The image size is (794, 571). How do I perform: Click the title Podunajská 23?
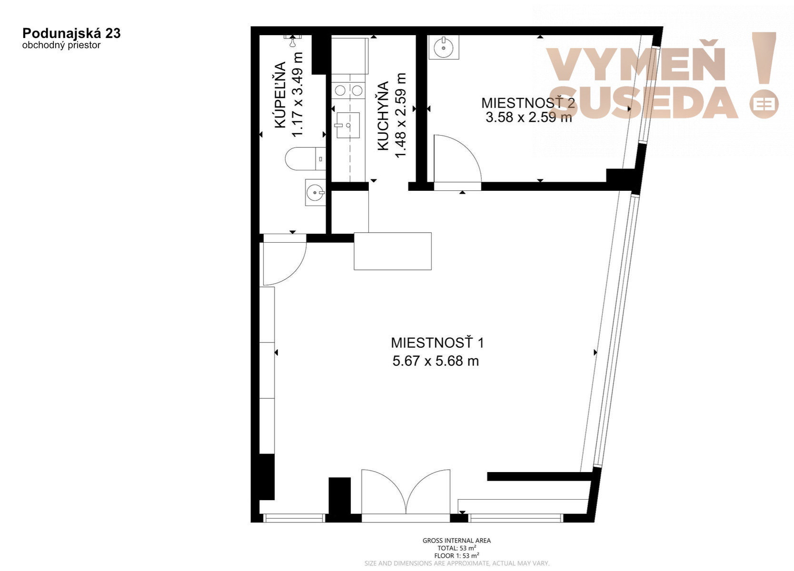tap(71, 33)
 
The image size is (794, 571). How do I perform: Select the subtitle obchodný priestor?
tap(61, 45)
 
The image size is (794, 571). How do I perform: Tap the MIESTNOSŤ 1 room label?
tap(437, 343)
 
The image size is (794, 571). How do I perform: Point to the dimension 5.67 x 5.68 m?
tap(436, 361)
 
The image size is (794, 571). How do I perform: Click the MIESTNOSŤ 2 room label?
tap(528, 103)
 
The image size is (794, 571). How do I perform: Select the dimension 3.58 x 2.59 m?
tap(528, 117)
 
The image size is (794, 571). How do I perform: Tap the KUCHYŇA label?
tap(383, 116)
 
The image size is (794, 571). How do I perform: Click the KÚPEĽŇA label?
tap(280, 95)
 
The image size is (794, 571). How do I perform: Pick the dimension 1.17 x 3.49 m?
tap(298, 95)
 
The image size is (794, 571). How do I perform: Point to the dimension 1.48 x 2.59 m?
tap(400, 115)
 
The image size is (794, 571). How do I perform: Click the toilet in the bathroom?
tap(305, 158)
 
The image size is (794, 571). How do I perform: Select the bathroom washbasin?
tap(315, 192)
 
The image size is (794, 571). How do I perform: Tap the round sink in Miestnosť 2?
tap(444, 47)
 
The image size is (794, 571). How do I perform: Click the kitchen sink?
tap(347, 125)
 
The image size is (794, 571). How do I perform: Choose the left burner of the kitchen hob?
tap(340, 90)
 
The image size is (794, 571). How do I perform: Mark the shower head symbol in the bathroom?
tap(292, 41)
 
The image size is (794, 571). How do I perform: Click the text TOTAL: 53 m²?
tap(457, 548)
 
